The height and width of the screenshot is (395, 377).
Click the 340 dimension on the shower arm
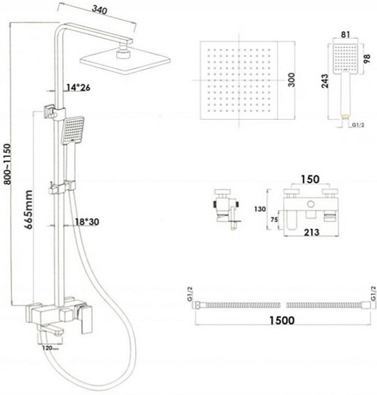pyautogui.click(x=99, y=10)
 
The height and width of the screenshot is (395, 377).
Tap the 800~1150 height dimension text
pyautogui.click(x=8, y=164)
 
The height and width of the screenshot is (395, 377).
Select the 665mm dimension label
pyautogui.click(x=29, y=209)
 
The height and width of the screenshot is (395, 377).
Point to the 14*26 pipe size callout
pyautogui.click(x=78, y=88)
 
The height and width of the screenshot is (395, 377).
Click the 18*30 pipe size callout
pyautogui.click(x=87, y=222)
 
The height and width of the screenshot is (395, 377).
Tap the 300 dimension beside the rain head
pyautogui.click(x=291, y=80)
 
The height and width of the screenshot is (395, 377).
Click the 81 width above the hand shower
pyautogui.click(x=345, y=34)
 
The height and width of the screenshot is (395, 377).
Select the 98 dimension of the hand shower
pyautogui.click(x=367, y=58)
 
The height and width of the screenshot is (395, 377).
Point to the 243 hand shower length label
pyautogui.click(x=325, y=81)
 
